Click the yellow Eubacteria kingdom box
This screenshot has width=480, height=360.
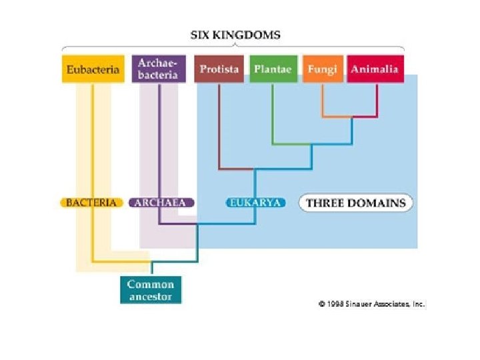point(93,69)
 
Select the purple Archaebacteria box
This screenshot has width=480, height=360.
point(157,68)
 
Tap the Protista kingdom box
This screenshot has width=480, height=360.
point(219,69)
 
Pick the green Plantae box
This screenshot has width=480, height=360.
point(273,69)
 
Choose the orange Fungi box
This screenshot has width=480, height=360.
point(323,69)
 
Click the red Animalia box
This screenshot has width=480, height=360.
point(375,69)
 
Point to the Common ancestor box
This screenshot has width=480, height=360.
point(150,290)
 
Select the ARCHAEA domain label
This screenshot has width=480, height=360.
point(161,203)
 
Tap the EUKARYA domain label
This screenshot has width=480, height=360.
point(255,203)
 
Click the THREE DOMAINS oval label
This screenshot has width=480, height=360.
point(355,203)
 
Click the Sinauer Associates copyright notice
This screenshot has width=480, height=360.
point(371,303)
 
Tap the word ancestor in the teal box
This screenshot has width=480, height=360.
point(150,297)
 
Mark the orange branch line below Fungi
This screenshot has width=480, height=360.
point(323,100)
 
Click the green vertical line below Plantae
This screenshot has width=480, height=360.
point(273,113)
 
